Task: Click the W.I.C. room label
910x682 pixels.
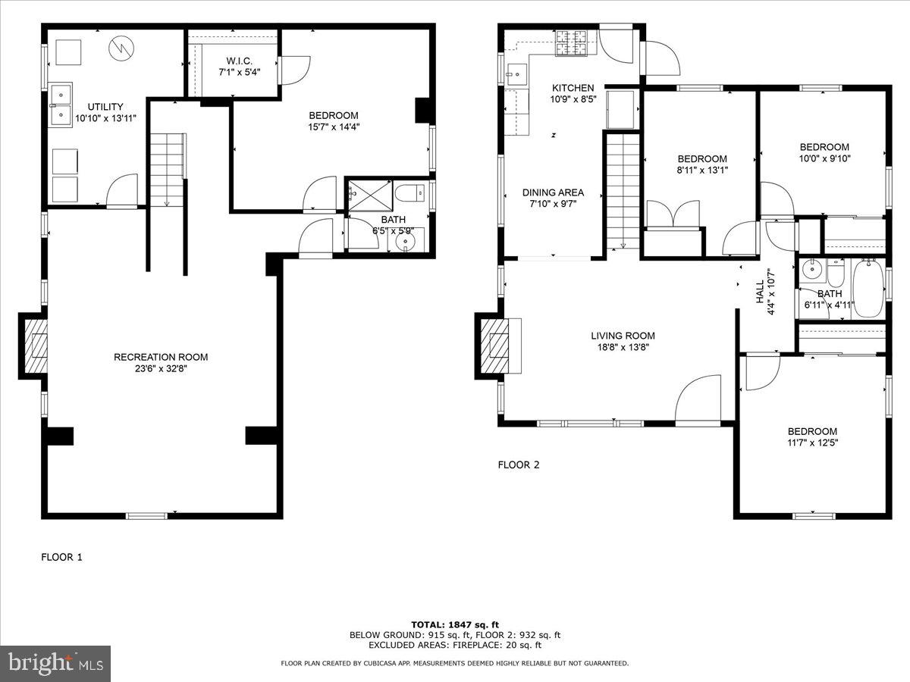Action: [x=233, y=61]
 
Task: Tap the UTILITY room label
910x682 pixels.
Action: [x=105, y=107]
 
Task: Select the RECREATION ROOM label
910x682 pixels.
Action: [x=161, y=357]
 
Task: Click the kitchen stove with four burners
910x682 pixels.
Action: [x=576, y=42]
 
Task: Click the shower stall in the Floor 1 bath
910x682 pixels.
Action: [x=369, y=195]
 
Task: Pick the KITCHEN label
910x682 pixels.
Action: [x=573, y=88]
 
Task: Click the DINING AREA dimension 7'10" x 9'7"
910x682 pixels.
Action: [x=553, y=204]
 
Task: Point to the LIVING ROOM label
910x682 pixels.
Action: [x=623, y=336]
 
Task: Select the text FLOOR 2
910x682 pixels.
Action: [x=518, y=465]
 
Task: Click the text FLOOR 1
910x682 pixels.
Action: [x=61, y=557]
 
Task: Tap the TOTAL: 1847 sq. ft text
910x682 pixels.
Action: [x=454, y=624]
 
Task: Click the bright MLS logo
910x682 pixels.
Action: [x=55, y=664]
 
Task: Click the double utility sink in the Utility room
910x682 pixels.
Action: [x=61, y=105]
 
